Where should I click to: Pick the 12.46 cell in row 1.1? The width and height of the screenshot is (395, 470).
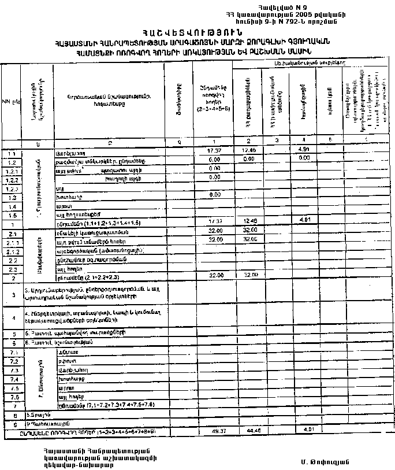pyautogui.click(x=247, y=151)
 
